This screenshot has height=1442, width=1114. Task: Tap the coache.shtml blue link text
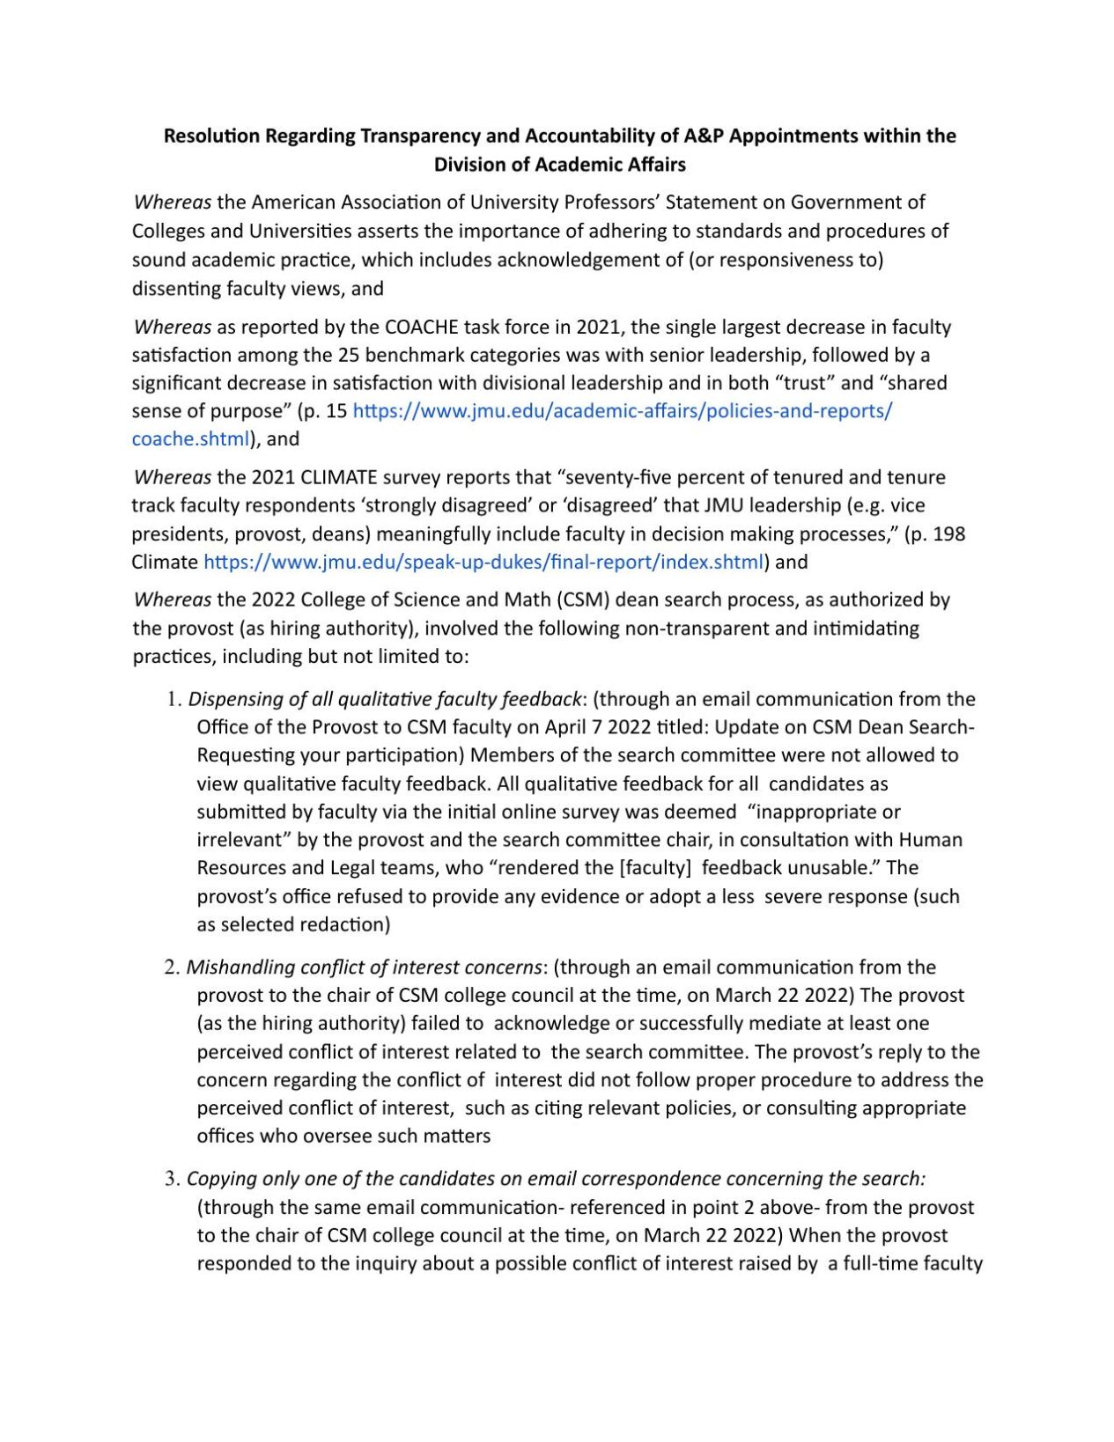pos(190,439)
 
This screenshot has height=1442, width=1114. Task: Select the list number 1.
pos(172,700)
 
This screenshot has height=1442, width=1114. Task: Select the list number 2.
pos(172,967)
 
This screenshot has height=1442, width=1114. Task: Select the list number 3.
pos(172,1180)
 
